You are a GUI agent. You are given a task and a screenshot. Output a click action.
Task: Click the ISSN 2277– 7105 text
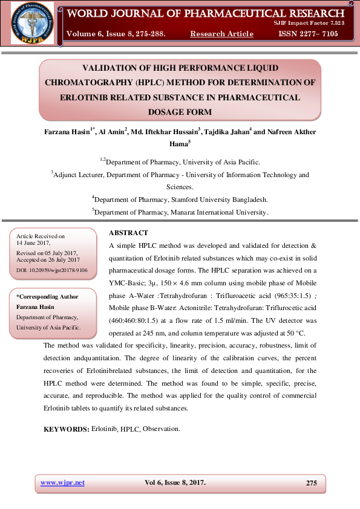pyautogui.click(x=308, y=34)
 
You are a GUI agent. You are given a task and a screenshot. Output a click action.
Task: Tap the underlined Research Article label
pyautogui.click(x=221, y=34)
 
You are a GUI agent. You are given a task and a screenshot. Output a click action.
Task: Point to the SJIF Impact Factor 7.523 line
pyautogui.click(x=310, y=22)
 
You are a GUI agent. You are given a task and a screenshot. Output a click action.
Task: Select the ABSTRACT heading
pyautogui.click(x=128, y=233)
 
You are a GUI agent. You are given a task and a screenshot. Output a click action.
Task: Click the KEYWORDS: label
pyautogui.click(x=67, y=429)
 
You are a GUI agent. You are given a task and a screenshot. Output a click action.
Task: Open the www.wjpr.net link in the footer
pyautogui.click(x=62, y=482)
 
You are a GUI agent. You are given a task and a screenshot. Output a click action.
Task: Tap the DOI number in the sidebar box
pyautogui.click(x=51, y=270)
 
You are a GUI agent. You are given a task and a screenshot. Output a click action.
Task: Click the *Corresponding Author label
pyautogui.click(x=47, y=297)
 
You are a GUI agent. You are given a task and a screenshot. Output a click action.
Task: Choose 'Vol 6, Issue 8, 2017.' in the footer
pyautogui.click(x=175, y=482)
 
